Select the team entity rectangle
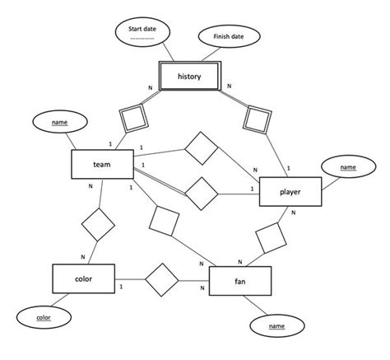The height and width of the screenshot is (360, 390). click(x=103, y=166)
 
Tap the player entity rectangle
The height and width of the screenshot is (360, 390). click(x=289, y=192)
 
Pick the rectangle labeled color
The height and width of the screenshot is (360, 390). click(x=82, y=279)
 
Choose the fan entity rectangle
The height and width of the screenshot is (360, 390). click(x=239, y=281)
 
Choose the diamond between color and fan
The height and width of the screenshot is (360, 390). click(x=162, y=281)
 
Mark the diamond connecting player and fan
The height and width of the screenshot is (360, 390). click(x=272, y=238)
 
